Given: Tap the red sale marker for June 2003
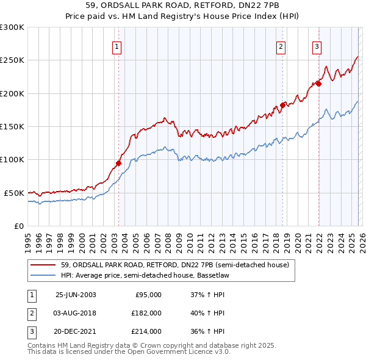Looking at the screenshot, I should point(119,163).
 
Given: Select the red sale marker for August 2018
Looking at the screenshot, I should point(282,105).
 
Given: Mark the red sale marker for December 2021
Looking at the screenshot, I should point(318,84).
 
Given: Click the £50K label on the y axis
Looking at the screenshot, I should point(14,193).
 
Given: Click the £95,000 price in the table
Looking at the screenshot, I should point(148,295).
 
